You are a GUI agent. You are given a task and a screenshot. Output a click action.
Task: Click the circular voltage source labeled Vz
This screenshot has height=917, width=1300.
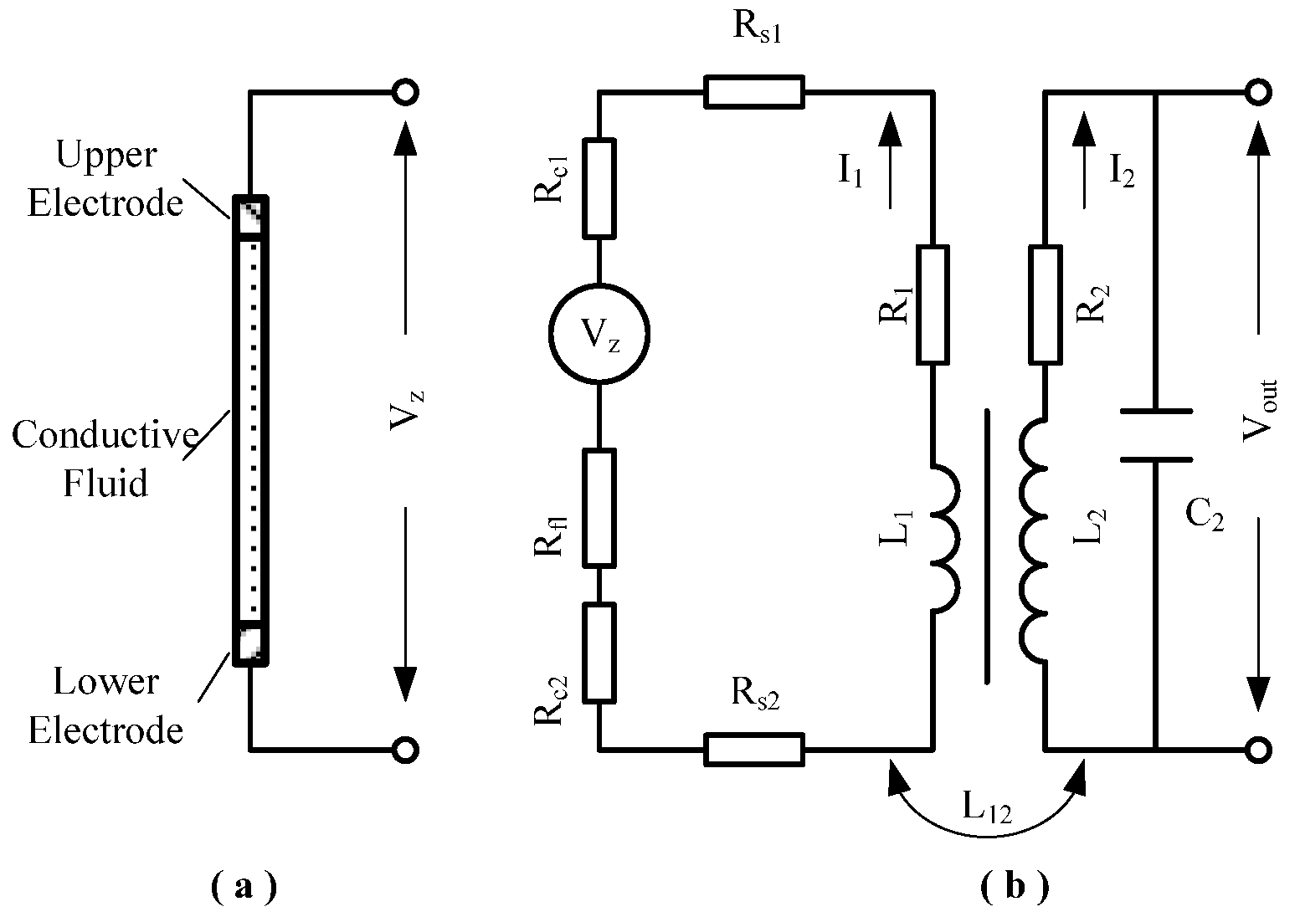pyautogui.click(x=599, y=336)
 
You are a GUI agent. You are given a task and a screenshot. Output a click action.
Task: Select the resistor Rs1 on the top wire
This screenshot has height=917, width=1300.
pyautogui.click(x=754, y=92)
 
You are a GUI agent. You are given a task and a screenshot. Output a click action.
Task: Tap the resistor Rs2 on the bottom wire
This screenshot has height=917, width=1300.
pyautogui.click(x=754, y=749)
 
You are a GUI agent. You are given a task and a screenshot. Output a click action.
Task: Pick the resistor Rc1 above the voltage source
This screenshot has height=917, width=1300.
pyautogui.click(x=599, y=187)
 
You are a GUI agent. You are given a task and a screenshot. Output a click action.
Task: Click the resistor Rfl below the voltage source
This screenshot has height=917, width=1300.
pyautogui.click(x=599, y=507)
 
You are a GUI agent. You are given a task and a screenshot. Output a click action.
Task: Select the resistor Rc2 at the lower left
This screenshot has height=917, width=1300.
pyautogui.click(x=599, y=652)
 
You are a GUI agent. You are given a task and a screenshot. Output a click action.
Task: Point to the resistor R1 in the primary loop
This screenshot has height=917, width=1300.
pyautogui.click(x=933, y=305)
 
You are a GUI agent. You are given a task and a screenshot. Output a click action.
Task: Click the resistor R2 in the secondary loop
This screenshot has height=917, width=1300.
pyautogui.click(x=1046, y=305)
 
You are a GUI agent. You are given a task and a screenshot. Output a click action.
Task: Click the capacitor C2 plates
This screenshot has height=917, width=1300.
pyautogui.click(x=1155, y=436)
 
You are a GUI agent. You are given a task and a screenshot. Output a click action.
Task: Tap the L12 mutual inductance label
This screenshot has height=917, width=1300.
pyautogui.click(x=988, y=807)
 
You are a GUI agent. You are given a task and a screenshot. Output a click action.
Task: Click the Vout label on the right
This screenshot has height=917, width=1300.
pyautogui.click(x=1258, y=410)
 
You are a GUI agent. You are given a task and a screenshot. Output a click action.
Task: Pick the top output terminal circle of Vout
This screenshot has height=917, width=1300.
pyautogui.click(x=1257, y=92)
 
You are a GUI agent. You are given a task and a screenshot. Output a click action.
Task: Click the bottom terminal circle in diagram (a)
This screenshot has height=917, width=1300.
pyautogui.click(x=405, y=750)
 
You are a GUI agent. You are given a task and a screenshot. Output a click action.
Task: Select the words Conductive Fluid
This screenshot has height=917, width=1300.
pyautogui.click(x=106, y=458)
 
